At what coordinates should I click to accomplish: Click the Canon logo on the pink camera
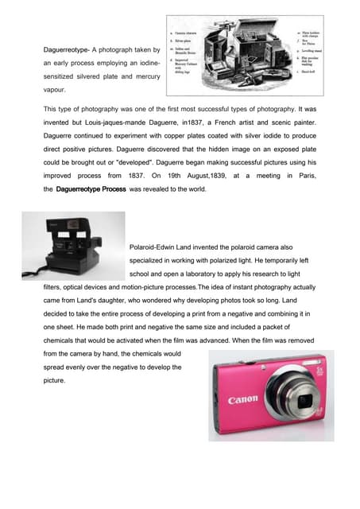pyautogui.click(x=243, y=399)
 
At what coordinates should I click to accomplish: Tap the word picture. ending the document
pyautogui.click(x=54, y=381)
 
